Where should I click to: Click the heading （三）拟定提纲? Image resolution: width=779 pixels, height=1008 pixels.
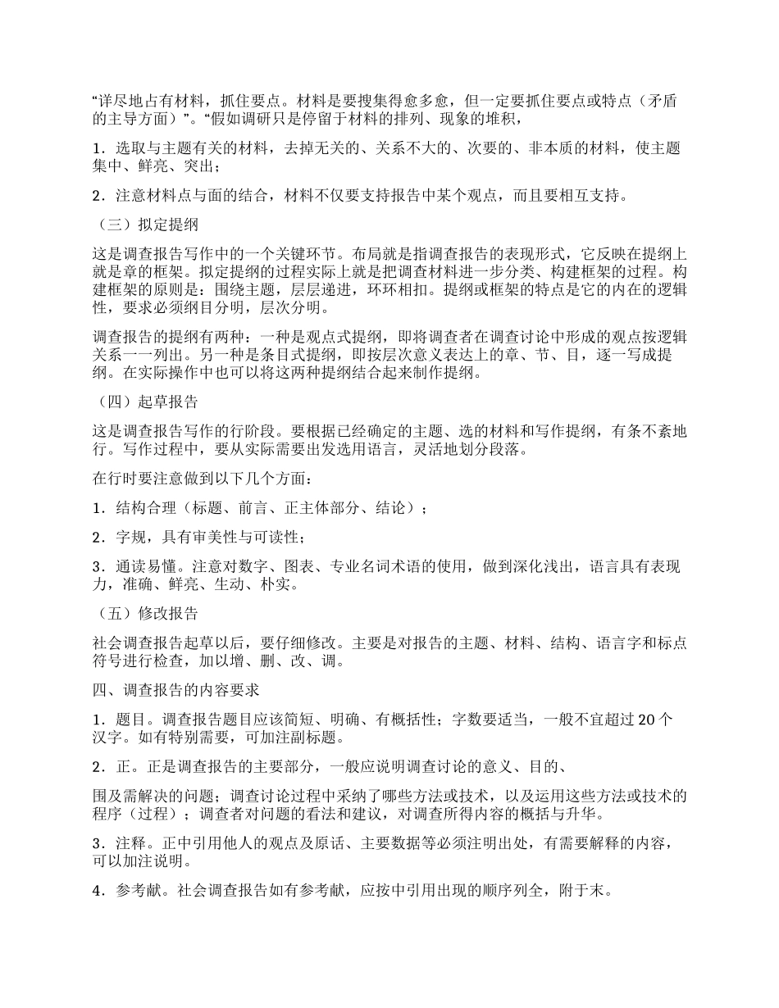(145, 225)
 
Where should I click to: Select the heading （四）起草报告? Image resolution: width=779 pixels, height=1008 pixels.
(145, 402)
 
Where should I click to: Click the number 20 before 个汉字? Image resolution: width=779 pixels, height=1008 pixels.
(645, 721)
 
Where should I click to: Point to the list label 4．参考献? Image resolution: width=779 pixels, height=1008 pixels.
(132, 891)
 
